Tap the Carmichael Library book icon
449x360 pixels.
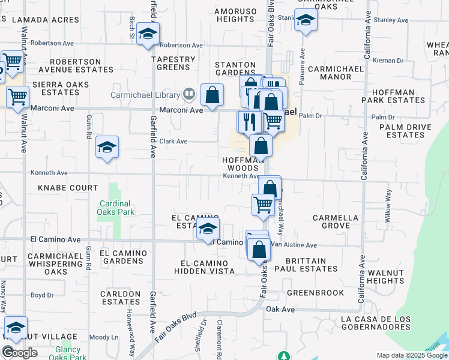[x=189, y=94]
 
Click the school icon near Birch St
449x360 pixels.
[x=147, y=34]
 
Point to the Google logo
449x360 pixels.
[x=20, y=352]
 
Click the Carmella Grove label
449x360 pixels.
[x=336, y=222]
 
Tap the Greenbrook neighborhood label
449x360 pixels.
[x=315, y=293]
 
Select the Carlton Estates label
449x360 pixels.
[x=121, y=298]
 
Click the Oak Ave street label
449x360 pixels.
[x=281, y=309]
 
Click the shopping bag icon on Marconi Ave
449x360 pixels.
[x=212, y=94]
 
